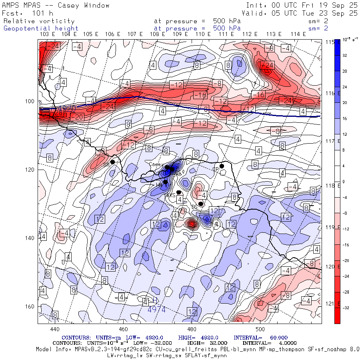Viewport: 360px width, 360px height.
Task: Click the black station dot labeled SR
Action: coord(113,162)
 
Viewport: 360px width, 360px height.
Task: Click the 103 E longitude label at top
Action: coord(48,34)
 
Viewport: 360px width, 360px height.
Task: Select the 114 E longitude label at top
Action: coord(298,34)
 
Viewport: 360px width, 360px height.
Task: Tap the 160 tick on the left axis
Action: coord(30,306)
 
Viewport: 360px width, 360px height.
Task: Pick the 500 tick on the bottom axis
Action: coord(260,329)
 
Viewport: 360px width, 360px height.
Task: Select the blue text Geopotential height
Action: coord(41,28)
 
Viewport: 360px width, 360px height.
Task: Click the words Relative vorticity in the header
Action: coord(39,21)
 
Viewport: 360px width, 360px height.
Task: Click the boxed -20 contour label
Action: coord(77,117)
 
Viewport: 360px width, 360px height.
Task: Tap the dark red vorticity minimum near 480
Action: coord(192,224)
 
